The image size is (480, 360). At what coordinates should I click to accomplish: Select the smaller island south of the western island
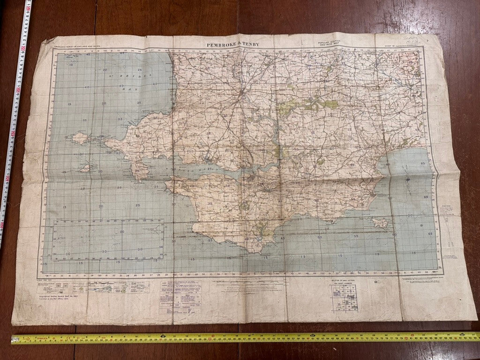[x=85, y=167]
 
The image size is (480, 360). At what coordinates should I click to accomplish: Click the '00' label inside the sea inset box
[x=122, y=232]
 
